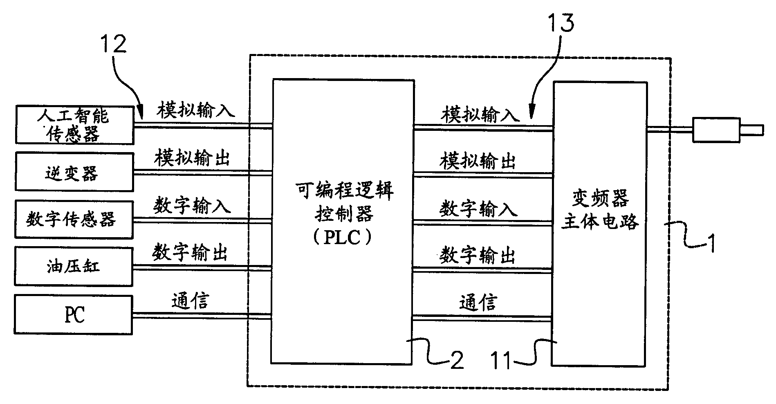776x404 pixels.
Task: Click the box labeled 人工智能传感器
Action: pyautogui.click(x=74, y=125)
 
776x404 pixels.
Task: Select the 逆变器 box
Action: pyautogui.click(x=74, y=172)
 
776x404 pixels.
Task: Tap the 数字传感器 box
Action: pyautogui.click(x=74, y=219)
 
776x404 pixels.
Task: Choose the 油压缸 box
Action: pyautogui.click(x=74, y=266)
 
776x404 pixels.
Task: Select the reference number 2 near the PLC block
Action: pyautogui.click(x=456, y=360)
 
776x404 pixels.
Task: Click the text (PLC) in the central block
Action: pyautogui.click(x=342, y=238)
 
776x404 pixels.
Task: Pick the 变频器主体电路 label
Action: pyautogui.click(x=600, y=210)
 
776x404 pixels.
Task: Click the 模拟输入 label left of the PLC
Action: pyautogui.click(x=196, y=110)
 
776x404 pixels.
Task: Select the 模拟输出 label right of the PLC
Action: pyautogui.click(x=477, y=161)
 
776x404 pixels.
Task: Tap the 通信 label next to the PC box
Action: pyautogui.click(x=190, y=301)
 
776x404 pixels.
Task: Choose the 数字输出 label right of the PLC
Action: pyautogui.click(x=477, y=255)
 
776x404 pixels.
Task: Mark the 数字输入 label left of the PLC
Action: pyautogui.click(x=192, y=205)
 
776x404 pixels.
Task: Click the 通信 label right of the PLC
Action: pyautogui.click(x=478, y=303)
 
